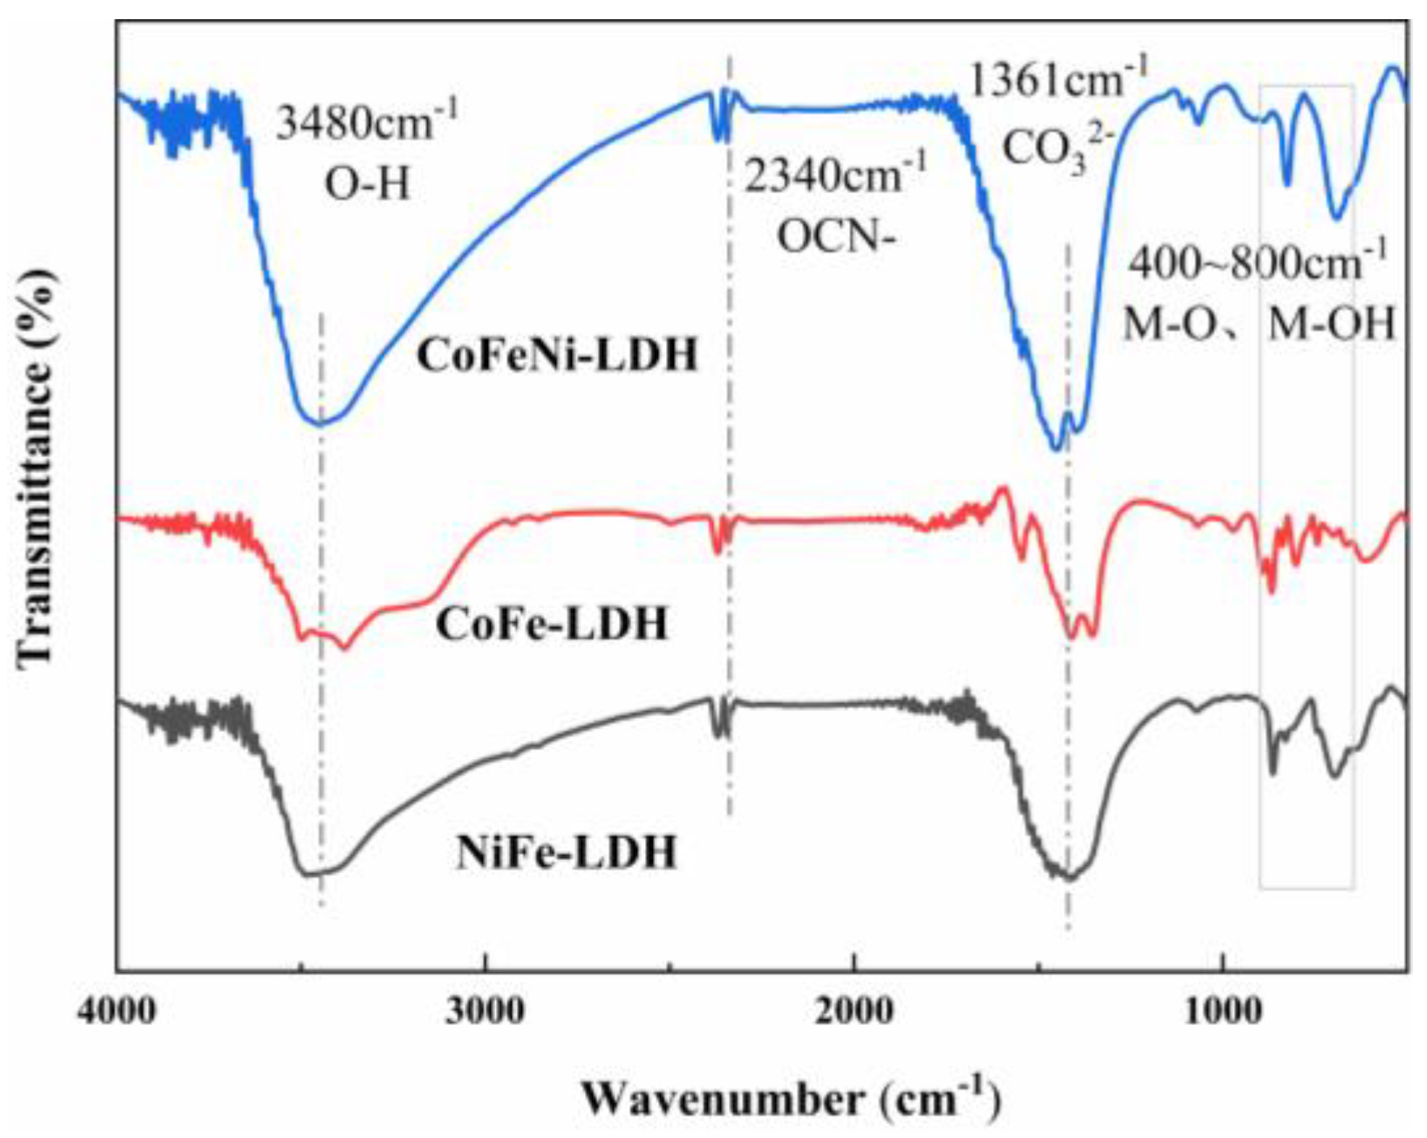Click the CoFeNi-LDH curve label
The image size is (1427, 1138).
[x=557, y=356]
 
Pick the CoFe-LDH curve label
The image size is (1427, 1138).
[x=551, y=624]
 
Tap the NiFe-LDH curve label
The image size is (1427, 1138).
[x=567, y=852]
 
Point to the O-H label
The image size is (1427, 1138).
[x=367, y=184]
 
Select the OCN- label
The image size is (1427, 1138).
[x=836, y=236]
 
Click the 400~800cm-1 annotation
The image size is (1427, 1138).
[x=1255, y=262]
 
